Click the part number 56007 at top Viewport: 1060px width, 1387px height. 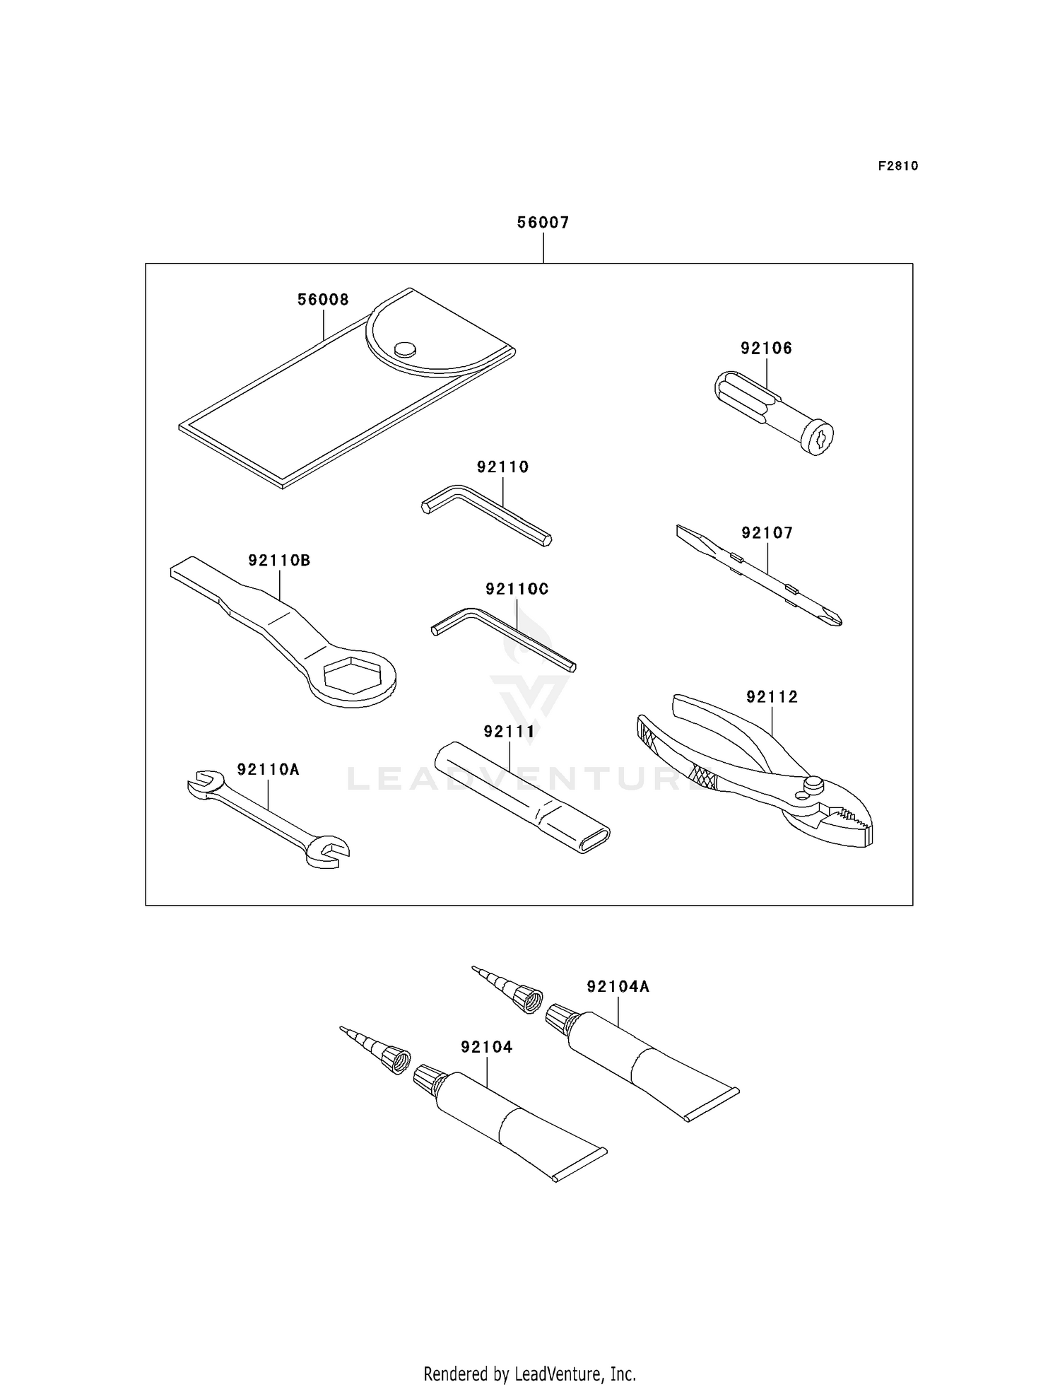click(x=543, y=223)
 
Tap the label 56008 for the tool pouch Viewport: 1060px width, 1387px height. click(x=323, y=300)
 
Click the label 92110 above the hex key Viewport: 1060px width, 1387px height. click(x=502, y=467)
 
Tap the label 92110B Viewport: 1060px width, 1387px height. click(x=279, y=561)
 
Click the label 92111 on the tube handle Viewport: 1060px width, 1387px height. click(x=509, y=732)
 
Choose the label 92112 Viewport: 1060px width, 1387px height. click(x=772, y=697)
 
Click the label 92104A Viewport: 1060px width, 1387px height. click(x=618, y=986)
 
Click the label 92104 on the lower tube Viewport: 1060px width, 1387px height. click(x=486, y=1047)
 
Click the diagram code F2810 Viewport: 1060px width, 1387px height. click(x=898, y=166)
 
